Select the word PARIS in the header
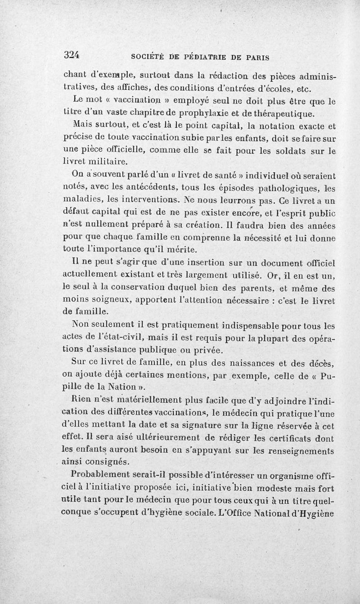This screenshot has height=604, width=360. [255, 57]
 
